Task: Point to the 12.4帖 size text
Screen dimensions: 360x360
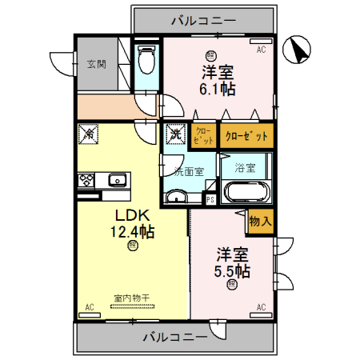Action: click(x=132, y=232)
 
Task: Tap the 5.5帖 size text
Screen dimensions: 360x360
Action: click(x=232, y=271)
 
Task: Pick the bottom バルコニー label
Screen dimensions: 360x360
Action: click(x=174, y=336)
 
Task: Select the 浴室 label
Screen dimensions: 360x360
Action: click(x=245, y=168)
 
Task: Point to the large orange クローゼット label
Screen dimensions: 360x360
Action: click(x=246, y=136)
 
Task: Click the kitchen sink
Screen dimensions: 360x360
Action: click(x=117, y=179)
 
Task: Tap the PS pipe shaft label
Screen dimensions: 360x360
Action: click(x=210, y=199)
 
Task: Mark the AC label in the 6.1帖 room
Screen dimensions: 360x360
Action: click(x=261, y=50)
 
